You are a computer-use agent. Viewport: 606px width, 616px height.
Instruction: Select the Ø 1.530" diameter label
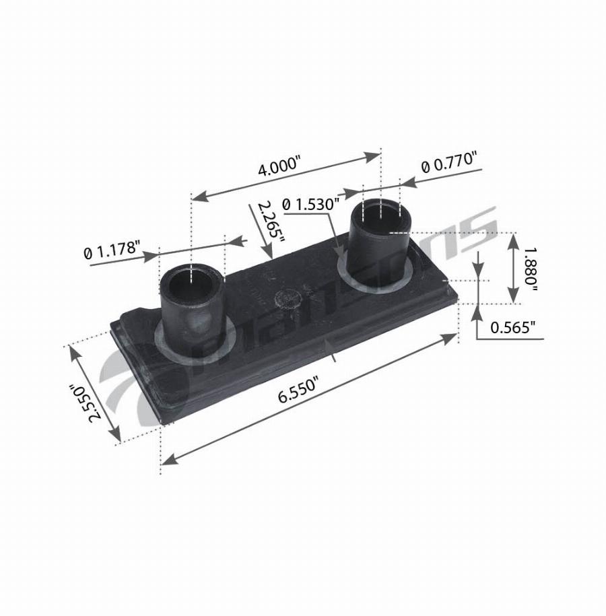pos(310,204)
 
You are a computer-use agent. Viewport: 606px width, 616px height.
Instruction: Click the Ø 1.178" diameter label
pos(112,250)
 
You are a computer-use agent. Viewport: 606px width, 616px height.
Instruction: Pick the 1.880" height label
pos(531,269)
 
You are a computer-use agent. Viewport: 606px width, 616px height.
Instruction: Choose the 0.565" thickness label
pos(513,327)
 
